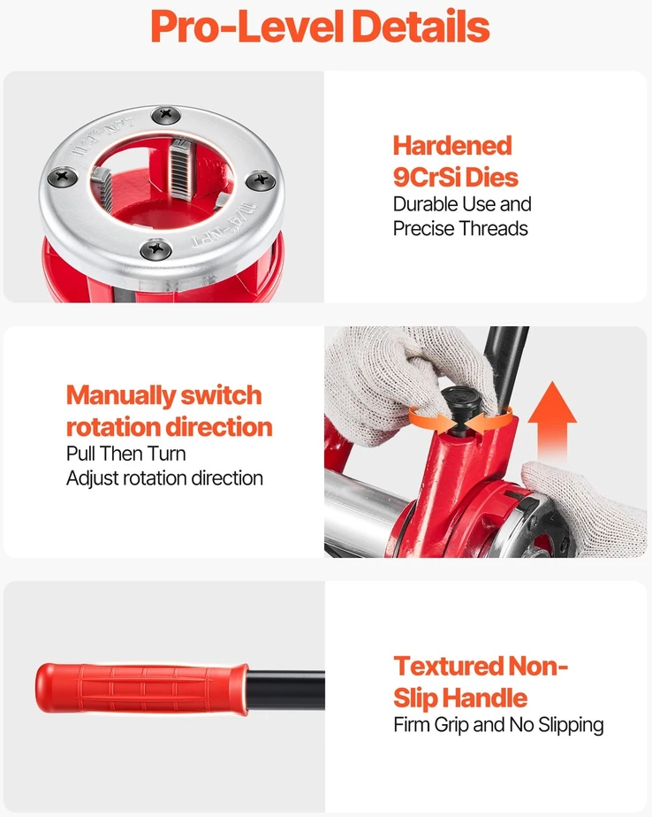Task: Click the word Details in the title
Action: point(421,27)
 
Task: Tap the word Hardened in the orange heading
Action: point(452,145)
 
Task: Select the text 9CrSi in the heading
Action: point(428,177)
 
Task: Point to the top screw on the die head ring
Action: point(166,114)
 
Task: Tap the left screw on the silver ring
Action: point(63,176)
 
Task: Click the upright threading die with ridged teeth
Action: point(179,170)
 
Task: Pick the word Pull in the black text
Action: point(80,454)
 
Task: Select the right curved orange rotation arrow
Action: point(489,418)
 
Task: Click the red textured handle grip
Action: point(141,688)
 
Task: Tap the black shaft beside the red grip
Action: point(286,690)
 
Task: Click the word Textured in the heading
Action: point(449,666)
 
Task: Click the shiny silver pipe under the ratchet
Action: point(365,512)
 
